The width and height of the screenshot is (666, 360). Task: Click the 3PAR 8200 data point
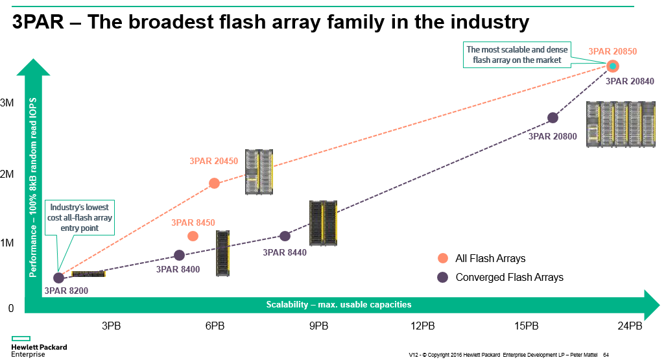point(58,278)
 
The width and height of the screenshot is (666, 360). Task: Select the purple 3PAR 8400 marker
point(180,255)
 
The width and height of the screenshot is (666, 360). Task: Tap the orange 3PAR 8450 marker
point(193,236)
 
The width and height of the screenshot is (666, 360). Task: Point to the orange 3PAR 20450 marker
point(214,183)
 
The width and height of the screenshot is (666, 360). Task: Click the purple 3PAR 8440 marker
point(285,236)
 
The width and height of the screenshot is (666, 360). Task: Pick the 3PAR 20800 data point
point(553,117)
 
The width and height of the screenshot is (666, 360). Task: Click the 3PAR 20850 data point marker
point(613,66)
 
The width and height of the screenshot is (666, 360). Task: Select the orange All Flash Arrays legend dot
point(443,258)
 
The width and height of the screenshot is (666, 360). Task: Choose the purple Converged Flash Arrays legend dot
point(443,278)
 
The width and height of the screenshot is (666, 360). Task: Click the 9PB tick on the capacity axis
point(318,325)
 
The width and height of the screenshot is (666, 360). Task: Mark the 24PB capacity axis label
point(630,325)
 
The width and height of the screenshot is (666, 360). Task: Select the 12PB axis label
point(422,325)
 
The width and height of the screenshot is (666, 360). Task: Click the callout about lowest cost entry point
point(79,217)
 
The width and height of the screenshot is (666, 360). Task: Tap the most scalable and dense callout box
point(517,54)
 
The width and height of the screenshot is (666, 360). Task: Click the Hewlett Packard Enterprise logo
point(38,347)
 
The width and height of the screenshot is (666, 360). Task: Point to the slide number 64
point(606,354)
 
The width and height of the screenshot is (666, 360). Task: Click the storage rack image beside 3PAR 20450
point(258,172)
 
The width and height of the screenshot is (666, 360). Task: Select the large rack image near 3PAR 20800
point(621,125)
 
